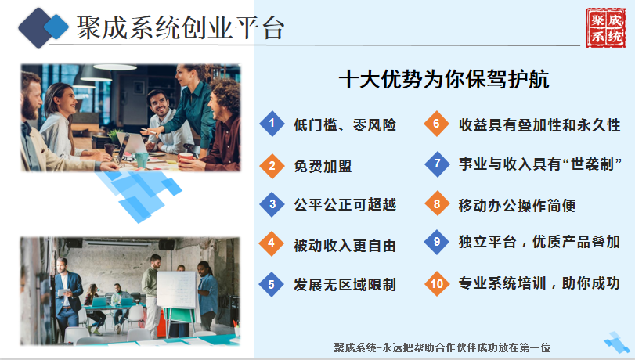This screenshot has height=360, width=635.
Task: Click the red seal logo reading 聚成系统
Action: click(x=605, y=27)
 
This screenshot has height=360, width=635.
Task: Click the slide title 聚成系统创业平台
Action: click(x=180, y=27)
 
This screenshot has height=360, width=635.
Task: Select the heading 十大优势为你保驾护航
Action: click(x=444, y=79)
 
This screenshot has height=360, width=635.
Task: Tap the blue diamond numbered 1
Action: click(x=272, y=123)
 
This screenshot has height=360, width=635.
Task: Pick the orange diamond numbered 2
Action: click(x=272, y=166)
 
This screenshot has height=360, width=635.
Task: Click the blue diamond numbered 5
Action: click(x=272, y=284)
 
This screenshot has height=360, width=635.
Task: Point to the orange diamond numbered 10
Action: click(x=437, y=283)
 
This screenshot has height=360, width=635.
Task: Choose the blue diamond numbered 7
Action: click(x=437, y=164)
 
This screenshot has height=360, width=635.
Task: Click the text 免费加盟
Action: click(x=323, y=166)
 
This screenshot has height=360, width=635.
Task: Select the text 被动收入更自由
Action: click(x=345, y=246)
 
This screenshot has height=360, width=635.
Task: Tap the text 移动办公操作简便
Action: click(x=517, y=205)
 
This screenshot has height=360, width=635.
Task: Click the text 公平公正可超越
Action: click(x=345, y=205)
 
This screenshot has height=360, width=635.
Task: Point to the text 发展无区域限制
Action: click(x=345, y=285)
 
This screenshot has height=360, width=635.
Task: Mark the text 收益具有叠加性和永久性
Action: click(x=539, y=124)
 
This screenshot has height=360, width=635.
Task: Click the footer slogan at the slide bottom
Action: click(x=442, y=347)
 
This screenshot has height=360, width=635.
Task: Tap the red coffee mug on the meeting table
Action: click(x=185, y=158)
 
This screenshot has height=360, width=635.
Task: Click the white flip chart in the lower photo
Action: click(x=177, y=290)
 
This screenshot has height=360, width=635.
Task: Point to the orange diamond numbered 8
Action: click(x=437, y=203)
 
